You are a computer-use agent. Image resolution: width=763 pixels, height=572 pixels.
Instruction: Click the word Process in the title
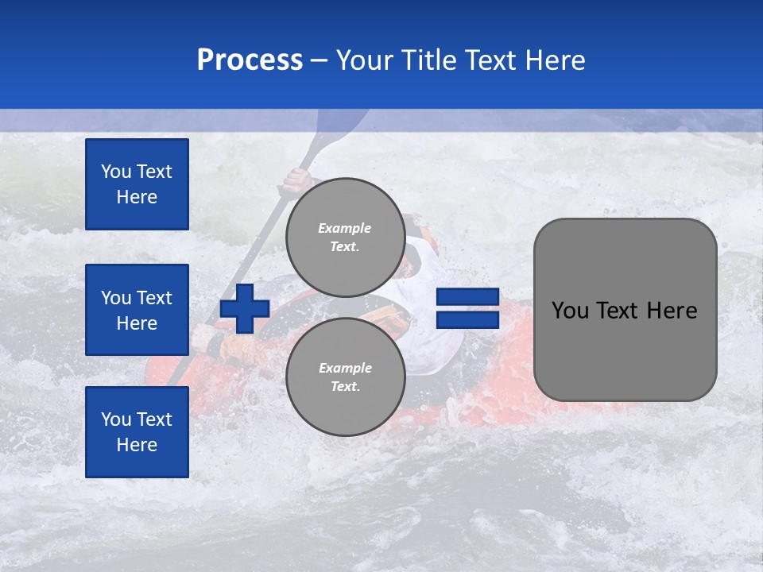click(x=250, y=60)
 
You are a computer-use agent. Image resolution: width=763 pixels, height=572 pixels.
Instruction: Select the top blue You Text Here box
click(x=137, y=184)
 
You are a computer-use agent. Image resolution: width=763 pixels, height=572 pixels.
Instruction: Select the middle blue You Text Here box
click(x=137, y=310)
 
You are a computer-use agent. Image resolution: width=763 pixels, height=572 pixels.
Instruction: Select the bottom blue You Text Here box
click(x=137, y=432)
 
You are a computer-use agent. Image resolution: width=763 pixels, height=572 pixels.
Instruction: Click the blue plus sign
click(x=245, y=309)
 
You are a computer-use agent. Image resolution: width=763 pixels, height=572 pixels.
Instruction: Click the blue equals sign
click(x=467, y=308)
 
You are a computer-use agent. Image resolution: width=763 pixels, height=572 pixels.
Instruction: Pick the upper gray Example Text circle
click(x=345, y=237)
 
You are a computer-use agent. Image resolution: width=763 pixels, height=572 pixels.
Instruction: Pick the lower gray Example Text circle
click(x=345, y=377)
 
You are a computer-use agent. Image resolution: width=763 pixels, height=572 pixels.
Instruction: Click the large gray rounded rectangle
click(x=625, y=350)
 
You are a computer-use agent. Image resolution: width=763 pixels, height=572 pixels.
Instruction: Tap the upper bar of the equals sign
click(x=467, y=297)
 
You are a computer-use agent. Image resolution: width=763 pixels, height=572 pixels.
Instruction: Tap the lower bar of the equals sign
click(x=467, y=320)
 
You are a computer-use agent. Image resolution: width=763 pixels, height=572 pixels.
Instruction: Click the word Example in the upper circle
click(x=345, y=228)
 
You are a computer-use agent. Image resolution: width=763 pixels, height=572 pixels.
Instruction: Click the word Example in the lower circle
click(x=345, y=368)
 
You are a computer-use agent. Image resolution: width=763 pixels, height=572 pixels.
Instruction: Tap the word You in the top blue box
click(x=115, y=172)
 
